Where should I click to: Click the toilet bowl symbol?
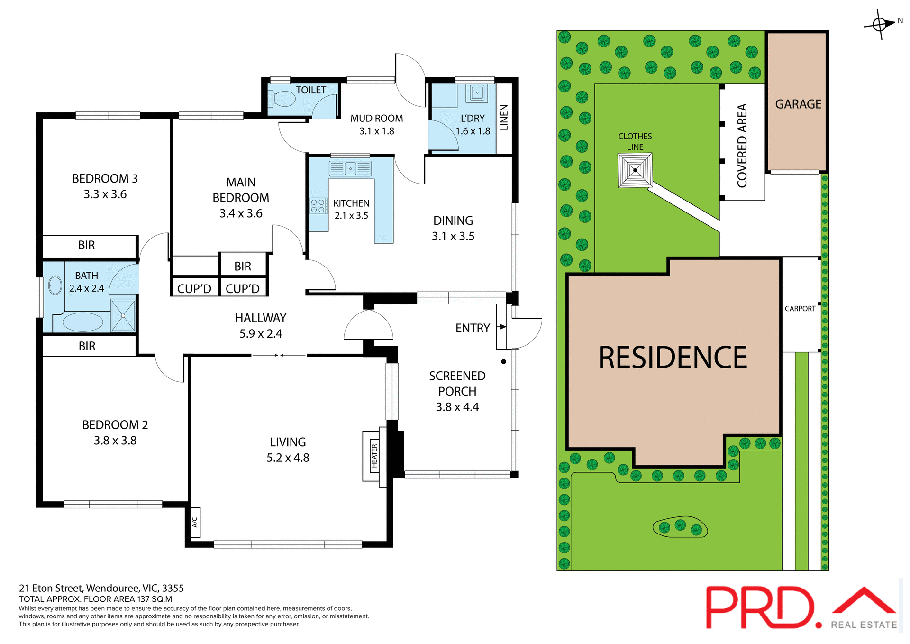pos(283,99)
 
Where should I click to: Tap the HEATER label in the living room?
pos(374,456)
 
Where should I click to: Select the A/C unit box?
pos(195,522)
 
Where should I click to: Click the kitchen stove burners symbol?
pos(318,206)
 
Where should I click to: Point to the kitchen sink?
pos(351,168)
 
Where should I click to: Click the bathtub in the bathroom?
pos(83,322)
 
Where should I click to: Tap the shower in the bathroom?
pos(123,315)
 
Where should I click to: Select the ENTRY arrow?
pos(501,327)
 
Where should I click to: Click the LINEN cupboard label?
pos(504,117)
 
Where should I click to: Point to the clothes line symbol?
pos(635,170)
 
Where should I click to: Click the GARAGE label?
pos(798,104)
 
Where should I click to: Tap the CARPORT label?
pos(800,308)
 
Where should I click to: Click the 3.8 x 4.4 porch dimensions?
pos(457,407)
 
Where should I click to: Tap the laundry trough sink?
pos(477,92)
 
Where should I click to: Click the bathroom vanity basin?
pos(55,285)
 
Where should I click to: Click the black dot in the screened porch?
pos(504,362)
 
